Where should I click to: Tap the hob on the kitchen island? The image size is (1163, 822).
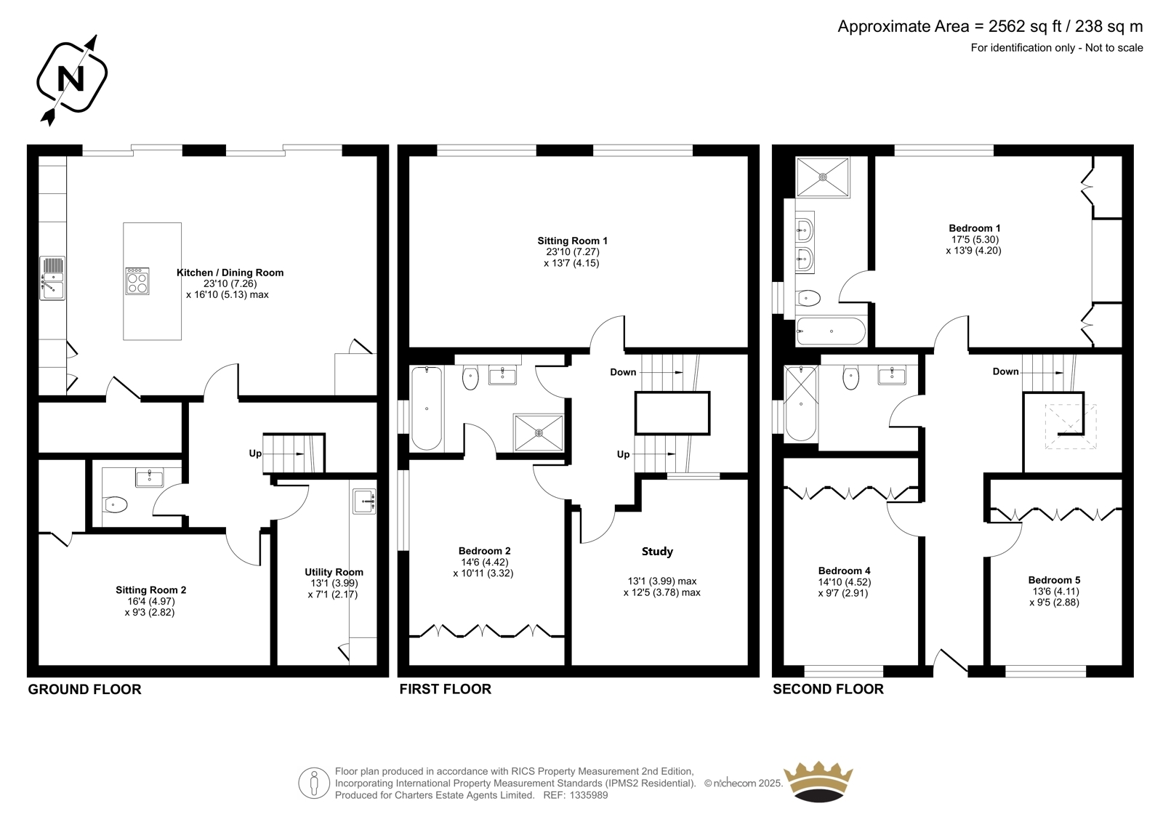(137, 281)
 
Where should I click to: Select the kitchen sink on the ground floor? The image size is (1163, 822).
(52, 278)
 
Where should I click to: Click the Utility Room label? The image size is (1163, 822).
(334, 572)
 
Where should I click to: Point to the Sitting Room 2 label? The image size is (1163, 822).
(150, 590)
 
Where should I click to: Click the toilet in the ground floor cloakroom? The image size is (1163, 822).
(116, 504)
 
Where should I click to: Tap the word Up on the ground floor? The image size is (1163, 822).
(255, 454)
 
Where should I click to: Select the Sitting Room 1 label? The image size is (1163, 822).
(572, 241)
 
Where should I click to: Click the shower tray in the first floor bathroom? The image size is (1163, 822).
(539, 432)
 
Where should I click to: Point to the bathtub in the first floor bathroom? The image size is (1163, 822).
(427, 408)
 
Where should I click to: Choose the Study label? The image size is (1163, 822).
(657, 552)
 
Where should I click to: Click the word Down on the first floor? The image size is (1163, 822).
(623, 372)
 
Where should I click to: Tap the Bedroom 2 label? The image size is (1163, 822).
(484, 551)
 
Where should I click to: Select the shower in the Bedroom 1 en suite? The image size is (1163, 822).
(823, 177)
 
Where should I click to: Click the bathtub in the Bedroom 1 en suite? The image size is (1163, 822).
(832, 331)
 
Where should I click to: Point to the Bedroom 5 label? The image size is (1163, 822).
(1054, 580)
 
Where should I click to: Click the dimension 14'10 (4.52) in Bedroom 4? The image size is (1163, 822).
(844, 582)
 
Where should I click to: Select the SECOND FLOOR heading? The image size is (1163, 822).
(828, 689)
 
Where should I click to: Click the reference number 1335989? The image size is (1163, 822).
(589, 795)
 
